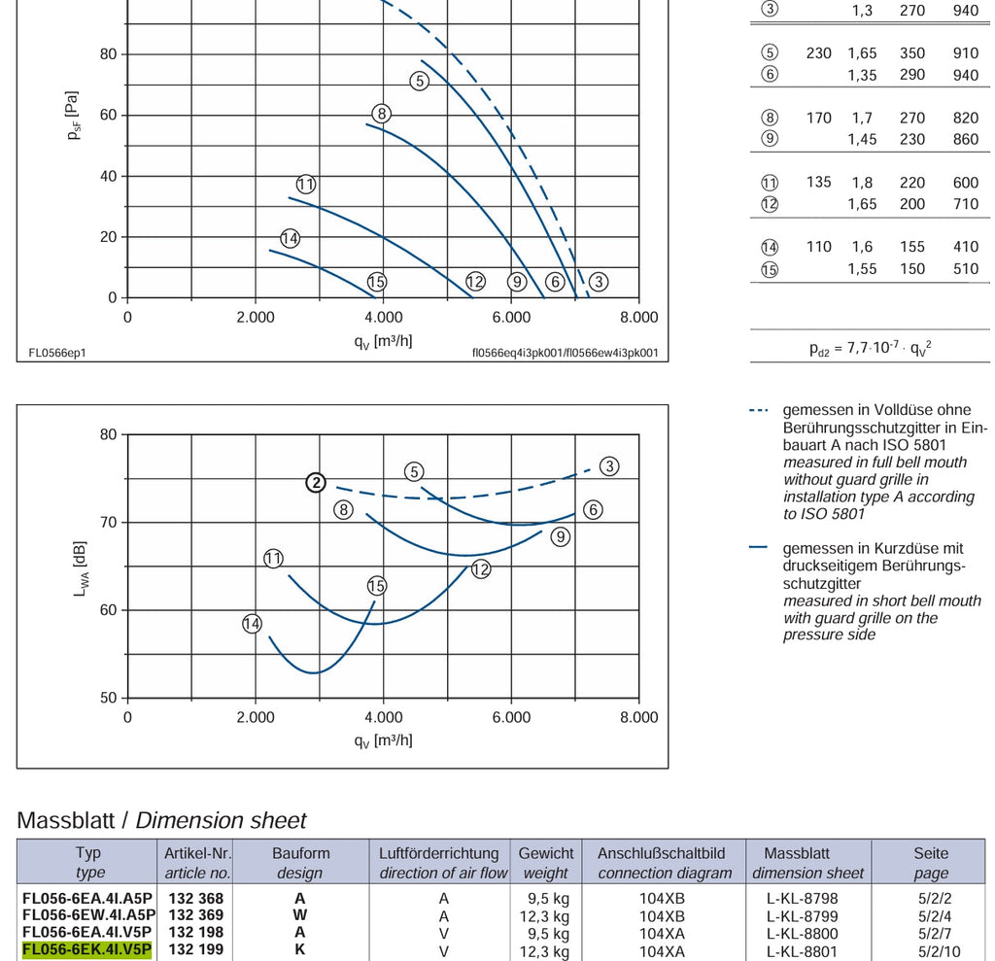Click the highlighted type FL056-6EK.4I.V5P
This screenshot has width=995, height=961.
tap(86, 949)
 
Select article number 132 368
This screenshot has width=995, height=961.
tap(195, 899)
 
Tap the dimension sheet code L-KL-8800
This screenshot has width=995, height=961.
tap(802, 934)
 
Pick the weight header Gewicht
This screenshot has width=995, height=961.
tap(546, 854)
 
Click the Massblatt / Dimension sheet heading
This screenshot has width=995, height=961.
tap(161, 820)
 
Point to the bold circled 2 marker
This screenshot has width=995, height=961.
tap(316, 482)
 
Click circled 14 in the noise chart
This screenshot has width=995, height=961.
tap(252, 623)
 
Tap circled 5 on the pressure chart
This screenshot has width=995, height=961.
tap(419, 81)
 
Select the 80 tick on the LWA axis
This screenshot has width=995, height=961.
tap(109, 434)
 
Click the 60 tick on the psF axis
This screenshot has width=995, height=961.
tap(109, 115)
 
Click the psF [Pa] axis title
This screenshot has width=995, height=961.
tap(73, 115)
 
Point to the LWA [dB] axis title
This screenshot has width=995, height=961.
tap(81, 568)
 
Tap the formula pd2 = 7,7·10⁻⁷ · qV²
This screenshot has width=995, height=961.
tap(870, 348)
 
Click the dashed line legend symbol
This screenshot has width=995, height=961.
tap(758, 411)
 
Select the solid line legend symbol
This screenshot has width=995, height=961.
tap(758, 547)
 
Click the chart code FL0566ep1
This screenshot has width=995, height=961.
tap(57, 353)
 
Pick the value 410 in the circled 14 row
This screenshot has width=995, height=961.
tap(965, 247)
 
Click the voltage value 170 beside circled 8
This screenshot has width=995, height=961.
tap(818, 119)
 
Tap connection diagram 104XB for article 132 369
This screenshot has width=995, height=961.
tap(662, 916)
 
